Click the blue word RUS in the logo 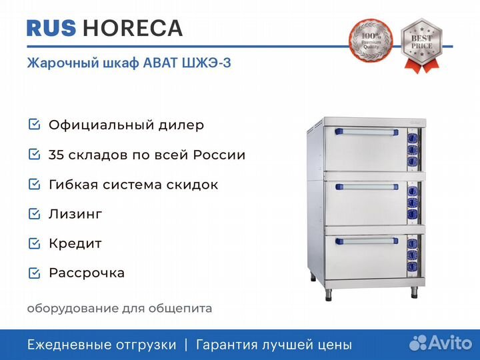tap(51, 28)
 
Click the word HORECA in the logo tap(133, 28)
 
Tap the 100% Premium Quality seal tap(371, 40)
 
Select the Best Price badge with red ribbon tap(422, 45)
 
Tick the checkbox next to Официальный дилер tap(34, 124)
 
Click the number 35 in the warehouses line tap(56, 155)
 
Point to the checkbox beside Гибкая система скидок tap(34, 184)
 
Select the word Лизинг tap(75, 214)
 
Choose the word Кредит tap(75, 244)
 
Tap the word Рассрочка tap(87, 273)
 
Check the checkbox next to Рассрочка tap(34, 273)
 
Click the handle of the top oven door tap(367, 132)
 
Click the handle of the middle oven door tap(367, 187)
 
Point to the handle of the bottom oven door tap(367, 241)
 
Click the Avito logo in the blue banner tap(441, 343)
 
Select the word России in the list tap(219, 155)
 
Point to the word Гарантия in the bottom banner tap(227, 345)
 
